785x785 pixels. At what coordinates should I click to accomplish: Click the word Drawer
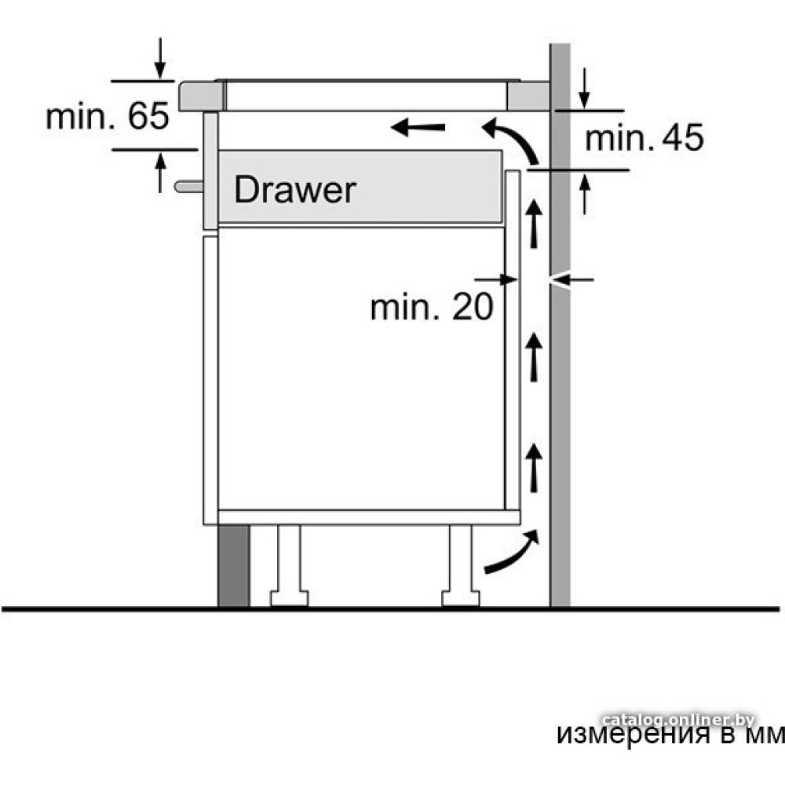click(x=295, y=190)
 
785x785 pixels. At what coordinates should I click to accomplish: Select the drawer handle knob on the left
click(x=188, y=187)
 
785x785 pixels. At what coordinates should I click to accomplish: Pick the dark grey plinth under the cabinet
click(x=234, y=566)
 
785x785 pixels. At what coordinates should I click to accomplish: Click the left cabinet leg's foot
click(x=290, y=598)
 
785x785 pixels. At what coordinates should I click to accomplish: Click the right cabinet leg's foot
click(x=461, y=598)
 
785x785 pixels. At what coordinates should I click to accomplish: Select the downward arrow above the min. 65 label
click(x=159, y=57)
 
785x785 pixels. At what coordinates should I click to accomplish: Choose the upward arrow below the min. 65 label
click(x=159, y=173)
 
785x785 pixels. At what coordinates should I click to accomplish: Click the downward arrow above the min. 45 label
click(x=584, y=88)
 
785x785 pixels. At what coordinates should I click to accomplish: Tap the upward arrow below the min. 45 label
click(x=584, y=194)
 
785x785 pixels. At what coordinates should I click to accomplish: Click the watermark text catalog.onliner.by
click(x=678, y=720)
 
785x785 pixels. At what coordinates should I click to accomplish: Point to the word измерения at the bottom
click(x=633, y=735)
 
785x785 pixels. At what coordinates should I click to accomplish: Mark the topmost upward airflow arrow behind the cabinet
click(x=535, y=223)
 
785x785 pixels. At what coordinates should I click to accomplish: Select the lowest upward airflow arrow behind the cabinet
click(x=534, y=468)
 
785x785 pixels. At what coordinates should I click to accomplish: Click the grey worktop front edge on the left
click(x=201, y=97)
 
